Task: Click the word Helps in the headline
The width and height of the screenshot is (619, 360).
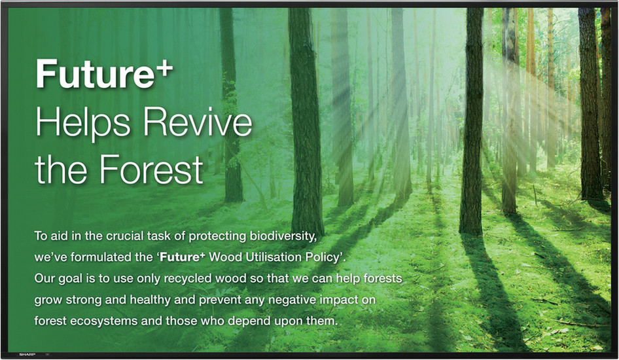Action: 82,123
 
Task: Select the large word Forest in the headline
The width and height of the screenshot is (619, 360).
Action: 151,170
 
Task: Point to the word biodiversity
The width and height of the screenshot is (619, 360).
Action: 283,236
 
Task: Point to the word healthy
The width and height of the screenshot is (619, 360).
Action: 150,300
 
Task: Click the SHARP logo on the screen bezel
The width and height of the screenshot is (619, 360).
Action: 24,355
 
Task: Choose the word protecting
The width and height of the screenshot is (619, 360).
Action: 217,236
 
